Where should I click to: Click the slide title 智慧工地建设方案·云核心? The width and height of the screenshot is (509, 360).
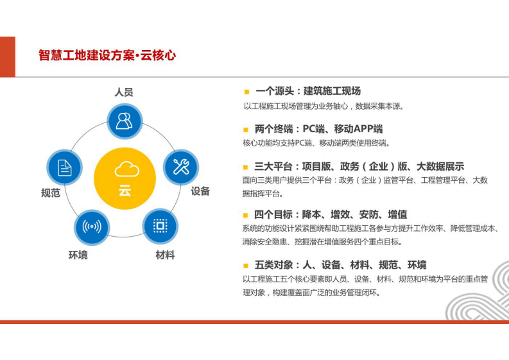(107, 56)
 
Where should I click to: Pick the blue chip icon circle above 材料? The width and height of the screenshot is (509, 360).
(160, 225)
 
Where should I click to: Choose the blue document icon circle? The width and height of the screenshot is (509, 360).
(65, 167)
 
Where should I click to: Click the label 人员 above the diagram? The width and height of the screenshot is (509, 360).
(124, 92)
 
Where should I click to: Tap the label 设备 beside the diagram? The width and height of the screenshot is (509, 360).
(200, 191)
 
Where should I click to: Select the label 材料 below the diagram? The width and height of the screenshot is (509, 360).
(165, 255)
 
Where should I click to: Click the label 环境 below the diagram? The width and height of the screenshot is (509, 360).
(78, 255)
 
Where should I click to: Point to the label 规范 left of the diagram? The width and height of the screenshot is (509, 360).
(51, 193)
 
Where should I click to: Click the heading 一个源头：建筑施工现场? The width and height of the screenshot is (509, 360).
(307, 91)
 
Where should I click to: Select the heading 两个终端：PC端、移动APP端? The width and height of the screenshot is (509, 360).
(318, 128)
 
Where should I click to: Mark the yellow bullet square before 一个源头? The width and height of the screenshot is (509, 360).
(246, 92)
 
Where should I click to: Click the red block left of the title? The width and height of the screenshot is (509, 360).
(7, 56)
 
